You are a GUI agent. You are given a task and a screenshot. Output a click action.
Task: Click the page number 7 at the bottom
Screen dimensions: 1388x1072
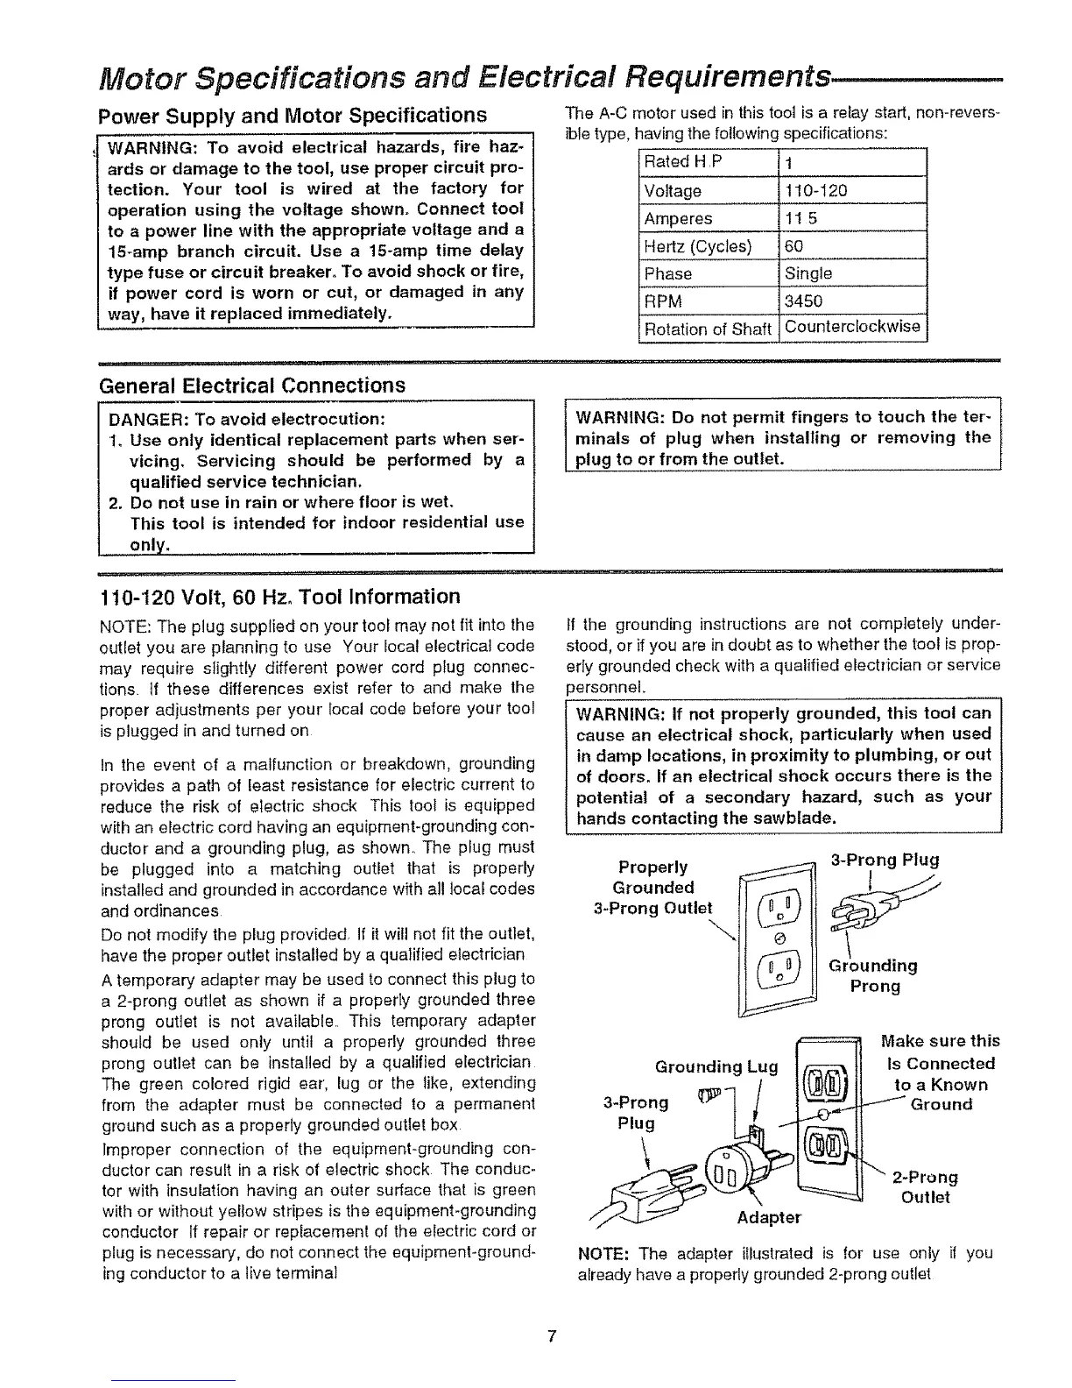point(552,1335)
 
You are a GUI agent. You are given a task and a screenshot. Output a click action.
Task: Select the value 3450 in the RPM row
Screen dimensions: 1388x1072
point(803,301)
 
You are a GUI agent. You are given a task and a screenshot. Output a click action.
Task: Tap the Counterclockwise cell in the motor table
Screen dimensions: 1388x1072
point(852,328)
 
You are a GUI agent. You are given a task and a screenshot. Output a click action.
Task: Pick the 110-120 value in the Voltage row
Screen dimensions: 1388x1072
point(815,191)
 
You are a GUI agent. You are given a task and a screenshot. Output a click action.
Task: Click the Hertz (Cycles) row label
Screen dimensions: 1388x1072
point(698,246)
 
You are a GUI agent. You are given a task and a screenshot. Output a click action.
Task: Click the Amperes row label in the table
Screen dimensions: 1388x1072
point(678,219)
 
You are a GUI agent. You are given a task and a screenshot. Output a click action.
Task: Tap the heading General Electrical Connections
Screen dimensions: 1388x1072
point(253,386)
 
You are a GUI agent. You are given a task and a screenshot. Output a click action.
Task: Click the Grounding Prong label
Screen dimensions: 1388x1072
point(873,975)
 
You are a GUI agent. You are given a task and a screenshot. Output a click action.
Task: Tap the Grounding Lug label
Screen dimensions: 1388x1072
point(716,1066)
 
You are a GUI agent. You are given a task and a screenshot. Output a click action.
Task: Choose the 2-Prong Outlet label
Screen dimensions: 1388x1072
point(925,1186)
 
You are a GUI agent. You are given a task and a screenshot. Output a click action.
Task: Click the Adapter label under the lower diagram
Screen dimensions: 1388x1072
point(768,1217)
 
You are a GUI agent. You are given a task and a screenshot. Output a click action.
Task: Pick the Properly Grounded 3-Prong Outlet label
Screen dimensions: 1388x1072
point(664,888)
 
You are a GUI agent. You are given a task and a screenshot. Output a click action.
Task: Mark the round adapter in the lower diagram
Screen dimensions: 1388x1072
point(732,1172)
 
